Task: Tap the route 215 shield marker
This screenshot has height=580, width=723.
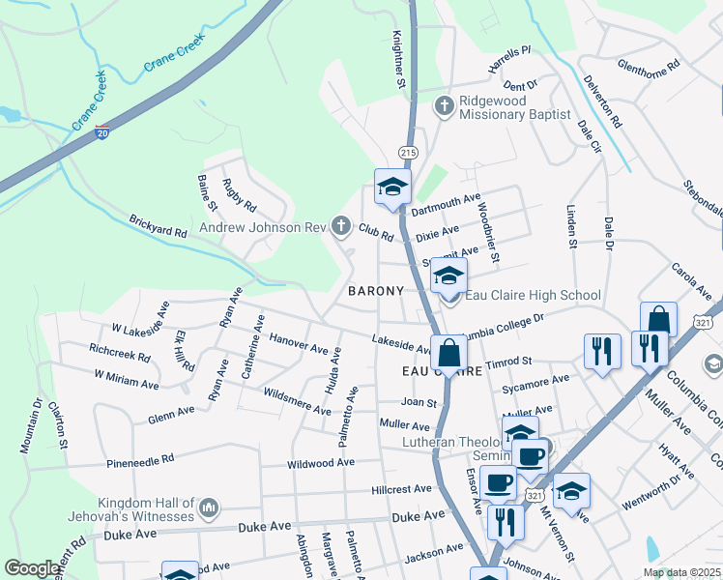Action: [x=407, y=153]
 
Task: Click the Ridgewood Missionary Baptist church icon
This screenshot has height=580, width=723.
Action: [x=444, y=104]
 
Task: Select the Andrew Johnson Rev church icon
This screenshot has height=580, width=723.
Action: [x=340, y=227]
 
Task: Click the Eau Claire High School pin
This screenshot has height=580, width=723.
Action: [x=448, y=277]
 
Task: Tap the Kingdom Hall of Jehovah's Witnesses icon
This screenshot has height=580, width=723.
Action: [x=208, y=507]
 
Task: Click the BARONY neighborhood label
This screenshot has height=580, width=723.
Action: [x=375, y=291]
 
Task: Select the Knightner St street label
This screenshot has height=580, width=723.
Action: [x=398, y=60]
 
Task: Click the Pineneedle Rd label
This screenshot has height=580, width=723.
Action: [x=140, y=460]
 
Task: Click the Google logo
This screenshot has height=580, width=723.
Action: [x=32, y=568]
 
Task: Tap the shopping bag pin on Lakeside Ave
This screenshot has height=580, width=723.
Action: [x=448, y=354]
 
